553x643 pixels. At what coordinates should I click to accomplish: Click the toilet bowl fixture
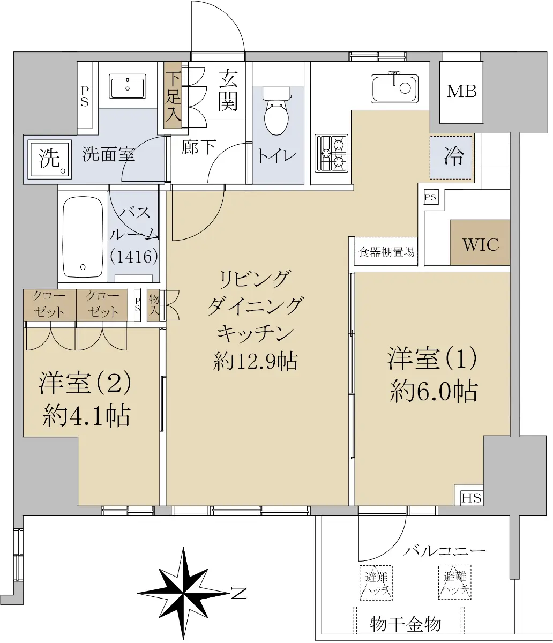(x=276, y=111)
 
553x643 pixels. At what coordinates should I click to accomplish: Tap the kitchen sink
(x=394, y=88)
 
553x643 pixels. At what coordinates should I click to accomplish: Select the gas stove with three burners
(x=331, y=153)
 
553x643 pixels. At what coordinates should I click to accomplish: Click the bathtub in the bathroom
(x=83, y=237)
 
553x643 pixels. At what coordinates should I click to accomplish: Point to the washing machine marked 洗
(x=50, y=159)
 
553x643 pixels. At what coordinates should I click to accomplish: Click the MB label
(x=461, y=92)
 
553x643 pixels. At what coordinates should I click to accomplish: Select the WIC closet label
(x=481, y=244)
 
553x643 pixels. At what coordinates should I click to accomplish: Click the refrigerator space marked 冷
(x=451, y=158)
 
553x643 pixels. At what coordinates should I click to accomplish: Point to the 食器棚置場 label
(x=386, y=252)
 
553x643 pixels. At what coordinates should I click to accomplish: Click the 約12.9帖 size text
(x=255, y=362)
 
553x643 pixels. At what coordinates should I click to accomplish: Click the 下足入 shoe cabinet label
(x=173, y=96)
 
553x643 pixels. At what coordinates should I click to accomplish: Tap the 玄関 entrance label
(x=228, y=91)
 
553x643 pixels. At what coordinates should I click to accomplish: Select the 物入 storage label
(x=154, y=305)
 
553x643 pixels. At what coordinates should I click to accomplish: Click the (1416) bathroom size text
(x=134, y=257)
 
